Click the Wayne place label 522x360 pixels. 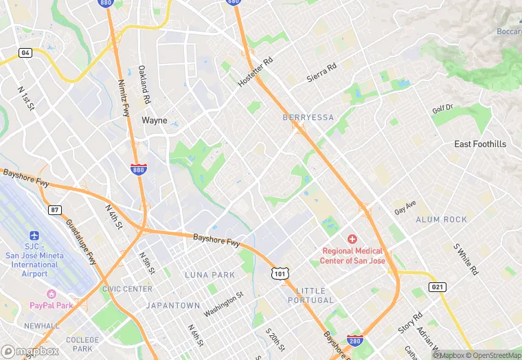[x=154, y=120]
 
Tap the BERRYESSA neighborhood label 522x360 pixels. [x=308, y=117]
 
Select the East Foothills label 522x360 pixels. [x=480, y=144]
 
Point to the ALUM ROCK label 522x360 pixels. [x=441, y=220]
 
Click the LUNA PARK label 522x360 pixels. [x=209, y=275]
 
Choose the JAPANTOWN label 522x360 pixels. [x=172, y=306]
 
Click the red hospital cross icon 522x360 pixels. [x=352, y=239]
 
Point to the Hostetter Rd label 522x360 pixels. [x=256, y=72]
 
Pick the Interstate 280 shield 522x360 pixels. [x=354, y=339]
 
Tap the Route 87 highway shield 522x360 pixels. [x=54, y=210]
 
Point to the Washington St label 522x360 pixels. [x=223, y=304]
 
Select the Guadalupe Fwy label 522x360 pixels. [x=81, y=238]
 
